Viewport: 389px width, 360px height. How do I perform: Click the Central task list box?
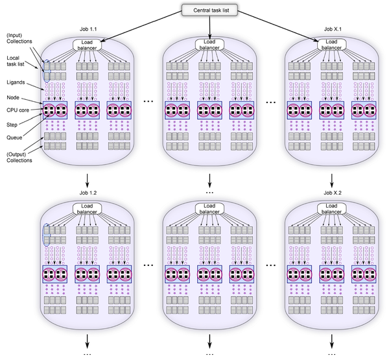[209, 10]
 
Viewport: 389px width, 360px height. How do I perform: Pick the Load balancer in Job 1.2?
[88, 210]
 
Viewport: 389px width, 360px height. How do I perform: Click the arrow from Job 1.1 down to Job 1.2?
[88, 179]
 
